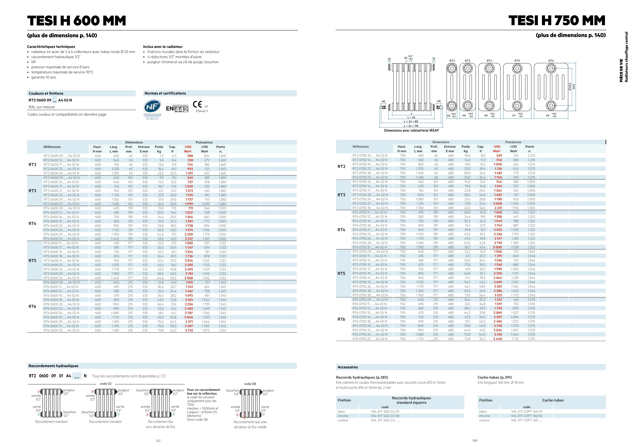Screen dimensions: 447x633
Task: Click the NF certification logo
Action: pyautogui.click(x=152, y=107)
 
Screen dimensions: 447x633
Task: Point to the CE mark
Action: pyautogui.click(x=197, y=104)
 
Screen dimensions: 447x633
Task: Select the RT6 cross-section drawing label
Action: pyautogui.click(x=551, y=61)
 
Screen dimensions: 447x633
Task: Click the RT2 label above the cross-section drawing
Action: pyautogui.click(x=452, y=61)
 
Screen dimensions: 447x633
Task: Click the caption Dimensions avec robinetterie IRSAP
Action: pyautogui.click(x=411, y=131)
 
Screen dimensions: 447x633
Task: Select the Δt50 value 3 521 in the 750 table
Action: pyautogui.click(x=498, y=295)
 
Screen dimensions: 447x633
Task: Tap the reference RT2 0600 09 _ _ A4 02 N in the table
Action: pyautogui.click(x=61, y=156)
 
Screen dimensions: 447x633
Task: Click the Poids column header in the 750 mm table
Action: pyautogui.click(x=466, y=146)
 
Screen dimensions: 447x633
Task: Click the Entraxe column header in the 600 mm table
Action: pyautogui.click(x=144, y=147)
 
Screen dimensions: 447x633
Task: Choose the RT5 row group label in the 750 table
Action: pyautogui.click(x=341, y=273)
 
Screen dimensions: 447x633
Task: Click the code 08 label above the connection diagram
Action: pyautogui.click(x=250, y=384)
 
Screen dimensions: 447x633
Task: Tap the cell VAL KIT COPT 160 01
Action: pyautogui.click(x=526, y=411)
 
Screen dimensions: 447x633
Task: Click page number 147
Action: pyautogui.click(x=158, y=440)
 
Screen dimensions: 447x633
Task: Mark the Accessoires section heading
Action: pyautogui.click(x=347, y=367)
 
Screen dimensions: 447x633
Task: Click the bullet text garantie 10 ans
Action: pyautogui.click(x=44, y=77)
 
